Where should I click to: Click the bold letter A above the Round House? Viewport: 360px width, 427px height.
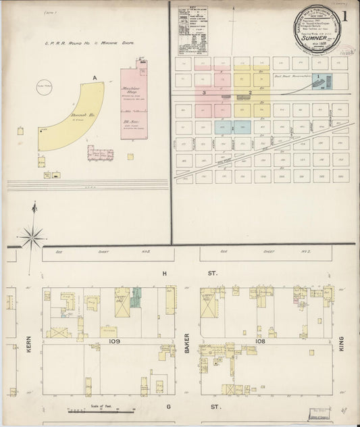point(95,78)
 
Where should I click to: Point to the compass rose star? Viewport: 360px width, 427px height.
point(32,238)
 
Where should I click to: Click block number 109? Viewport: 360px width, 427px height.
point(113,343)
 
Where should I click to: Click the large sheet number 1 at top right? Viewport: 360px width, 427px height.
point(344,16)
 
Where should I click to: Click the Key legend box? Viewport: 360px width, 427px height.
point(192,30)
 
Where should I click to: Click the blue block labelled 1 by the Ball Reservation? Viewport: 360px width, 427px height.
point(321,82)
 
